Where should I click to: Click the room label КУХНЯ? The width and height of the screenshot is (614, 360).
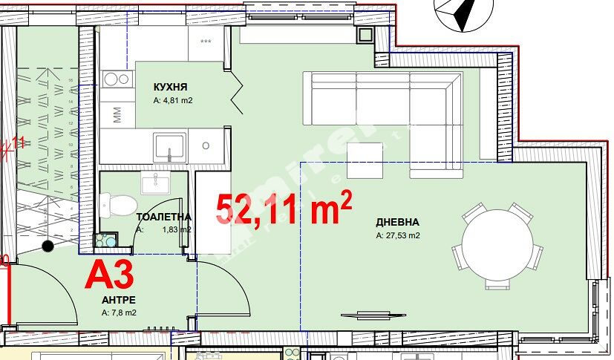[x=170, y=86]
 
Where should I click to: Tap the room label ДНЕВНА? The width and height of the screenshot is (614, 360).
[x=397, y=222]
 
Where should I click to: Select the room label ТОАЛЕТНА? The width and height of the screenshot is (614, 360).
[x=163, y=217]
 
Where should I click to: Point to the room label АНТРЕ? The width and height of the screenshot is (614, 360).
[x=119, y=301]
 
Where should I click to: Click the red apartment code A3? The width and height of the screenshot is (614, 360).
[x=109, y=275]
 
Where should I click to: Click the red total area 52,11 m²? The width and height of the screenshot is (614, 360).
[x=283, y=209]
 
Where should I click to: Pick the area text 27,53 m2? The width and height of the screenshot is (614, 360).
[x=398, y=237]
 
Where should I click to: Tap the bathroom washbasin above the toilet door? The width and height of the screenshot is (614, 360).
[x=155, y=182]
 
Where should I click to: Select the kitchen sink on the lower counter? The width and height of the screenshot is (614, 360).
[x=170, y=145]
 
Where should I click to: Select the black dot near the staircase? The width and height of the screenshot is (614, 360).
[x=48, y=246]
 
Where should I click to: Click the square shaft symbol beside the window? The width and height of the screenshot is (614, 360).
[x=365, y=34]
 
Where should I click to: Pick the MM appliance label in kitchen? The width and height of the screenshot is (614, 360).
[x=117, y=114]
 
